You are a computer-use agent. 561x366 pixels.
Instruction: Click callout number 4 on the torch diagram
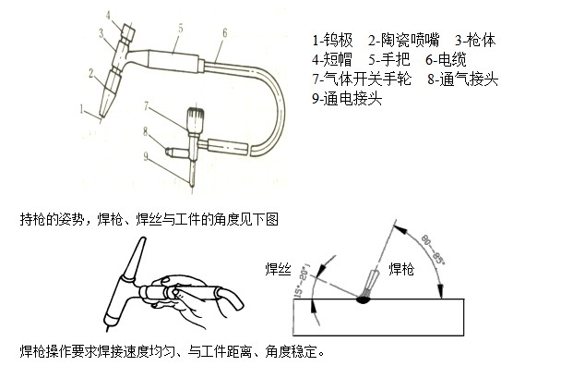(x=108, y=15)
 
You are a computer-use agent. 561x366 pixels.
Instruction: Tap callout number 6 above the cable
(x=225, y=33)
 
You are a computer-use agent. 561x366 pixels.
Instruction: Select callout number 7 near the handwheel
(x=146, y=106)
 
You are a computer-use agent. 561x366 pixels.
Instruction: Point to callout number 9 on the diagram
(x=146, y=156)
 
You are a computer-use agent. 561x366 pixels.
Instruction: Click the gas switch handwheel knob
(x=196, y=120)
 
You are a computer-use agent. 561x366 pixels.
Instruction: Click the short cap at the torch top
(x=127, y=32)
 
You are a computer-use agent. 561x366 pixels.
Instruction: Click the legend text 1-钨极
(x=332, y=40)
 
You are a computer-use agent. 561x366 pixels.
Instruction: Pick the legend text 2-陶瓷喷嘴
(x=403, y=40)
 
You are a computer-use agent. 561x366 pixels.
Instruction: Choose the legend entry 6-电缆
(x=446, y=59)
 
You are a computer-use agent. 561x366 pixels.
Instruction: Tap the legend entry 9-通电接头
(x=347, y=98)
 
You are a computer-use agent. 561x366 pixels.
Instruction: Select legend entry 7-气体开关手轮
(x=362, y=79)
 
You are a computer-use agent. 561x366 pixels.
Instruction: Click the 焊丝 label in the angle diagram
(x=279, y=269)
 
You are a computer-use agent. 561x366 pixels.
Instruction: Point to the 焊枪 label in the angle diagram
(x=401, y=269)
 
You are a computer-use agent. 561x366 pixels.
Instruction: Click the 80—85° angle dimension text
(x=433, y=250)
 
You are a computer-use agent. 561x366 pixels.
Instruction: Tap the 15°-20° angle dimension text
(x=302, y=281)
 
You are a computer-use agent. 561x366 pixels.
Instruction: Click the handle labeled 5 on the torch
(x=173, y=60)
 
